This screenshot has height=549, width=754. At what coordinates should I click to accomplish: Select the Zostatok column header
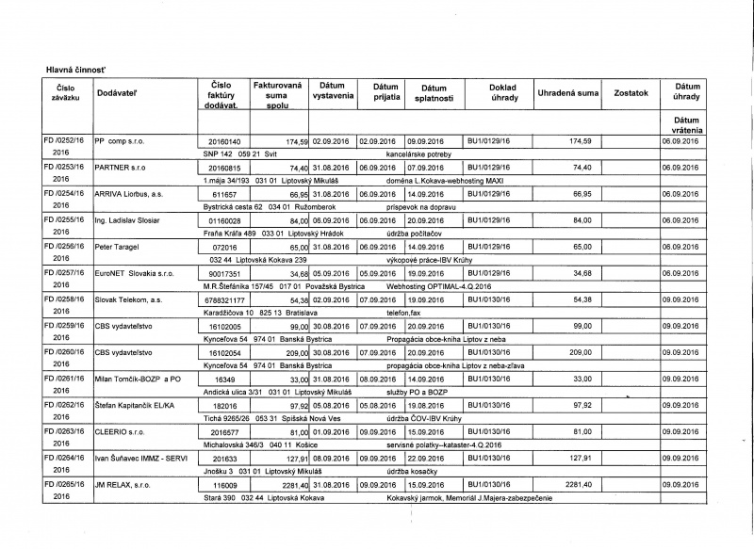631,93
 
